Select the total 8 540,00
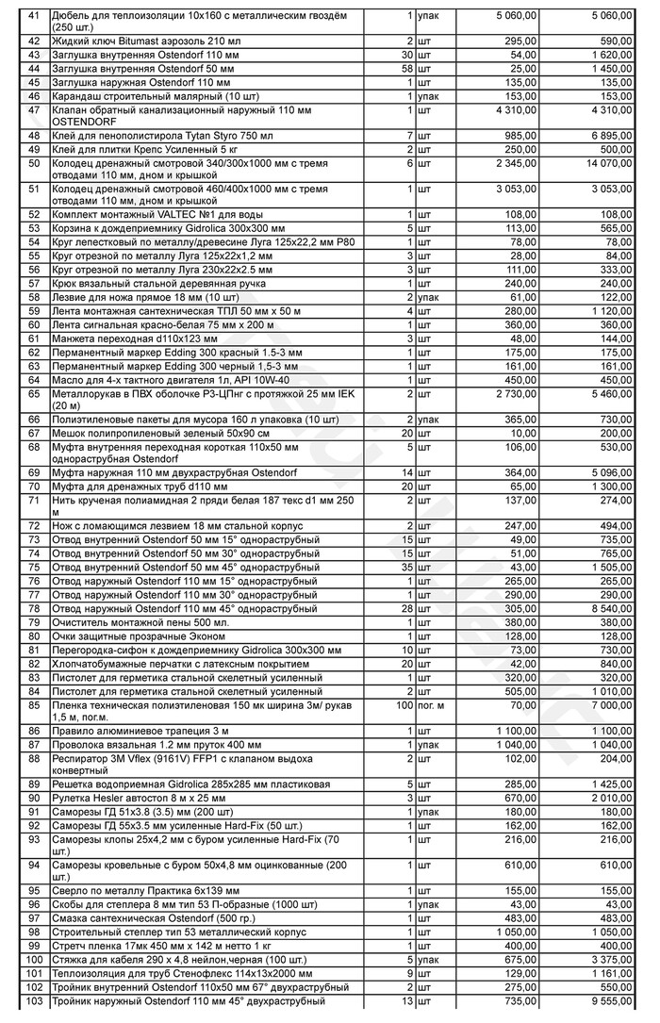(x=613, y=609)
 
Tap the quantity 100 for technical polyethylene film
(x=404, y=704)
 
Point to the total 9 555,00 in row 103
(x=613, y=1000)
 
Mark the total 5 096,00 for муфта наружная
(x=613, y=471)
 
